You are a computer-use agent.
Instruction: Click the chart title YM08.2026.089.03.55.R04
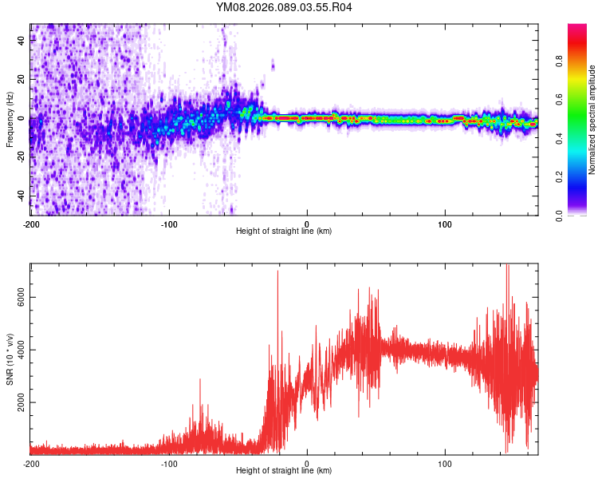(284, 7)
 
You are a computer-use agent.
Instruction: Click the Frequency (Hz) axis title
(10, 120)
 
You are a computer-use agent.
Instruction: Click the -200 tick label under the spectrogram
(31, 224)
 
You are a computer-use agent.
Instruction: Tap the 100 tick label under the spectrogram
(445, 224)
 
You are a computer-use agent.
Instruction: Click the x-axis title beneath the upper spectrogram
(284, 231)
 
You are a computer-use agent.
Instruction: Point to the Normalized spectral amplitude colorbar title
(592, 120)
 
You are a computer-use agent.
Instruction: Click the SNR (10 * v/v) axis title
(10, 359)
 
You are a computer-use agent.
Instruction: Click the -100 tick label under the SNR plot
(169, 463)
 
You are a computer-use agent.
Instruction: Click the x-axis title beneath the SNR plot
(284, 470)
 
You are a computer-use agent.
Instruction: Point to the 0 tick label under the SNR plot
(307, 463)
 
